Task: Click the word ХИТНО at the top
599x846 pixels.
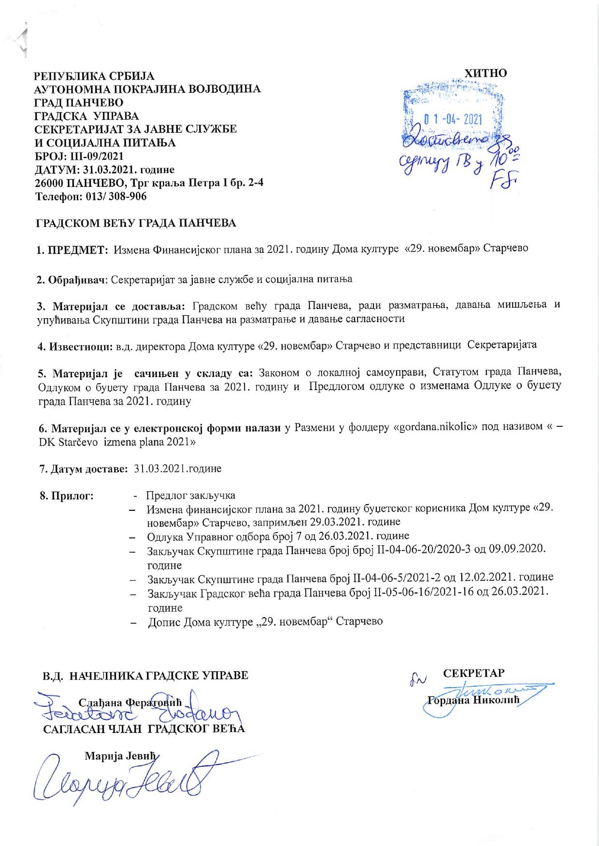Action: pos(485,73)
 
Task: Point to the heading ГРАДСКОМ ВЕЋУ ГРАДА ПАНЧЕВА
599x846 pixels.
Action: pos(137,223)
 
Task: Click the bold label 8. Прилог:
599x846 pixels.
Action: pos(67,496)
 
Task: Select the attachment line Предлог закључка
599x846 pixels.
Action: pos(190,496)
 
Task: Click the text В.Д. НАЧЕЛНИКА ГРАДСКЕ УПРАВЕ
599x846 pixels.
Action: pos(145,675)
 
